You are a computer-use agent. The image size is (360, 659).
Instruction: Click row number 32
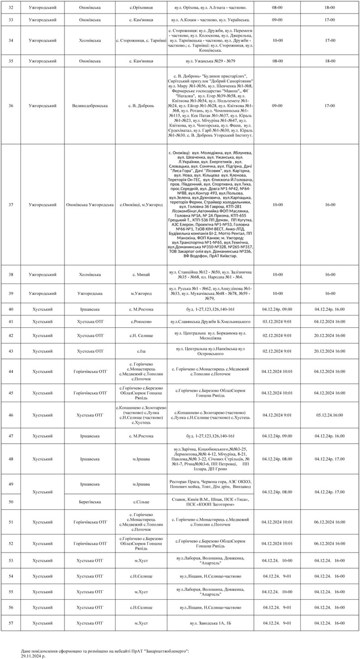click(11, 8)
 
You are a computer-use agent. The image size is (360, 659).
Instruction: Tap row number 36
click(11, 106)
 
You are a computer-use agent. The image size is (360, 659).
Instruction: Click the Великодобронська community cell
click(90, 106)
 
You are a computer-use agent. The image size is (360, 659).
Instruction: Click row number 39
click(11, 293)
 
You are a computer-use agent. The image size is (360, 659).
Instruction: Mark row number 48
click(11, 459)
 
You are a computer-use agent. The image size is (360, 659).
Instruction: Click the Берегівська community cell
click(90, 501)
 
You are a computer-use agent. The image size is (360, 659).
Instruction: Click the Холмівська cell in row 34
click(90, 40)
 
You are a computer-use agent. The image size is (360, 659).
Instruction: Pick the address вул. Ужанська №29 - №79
click(210, 61)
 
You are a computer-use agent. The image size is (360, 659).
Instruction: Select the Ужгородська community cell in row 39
click(90, 293)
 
